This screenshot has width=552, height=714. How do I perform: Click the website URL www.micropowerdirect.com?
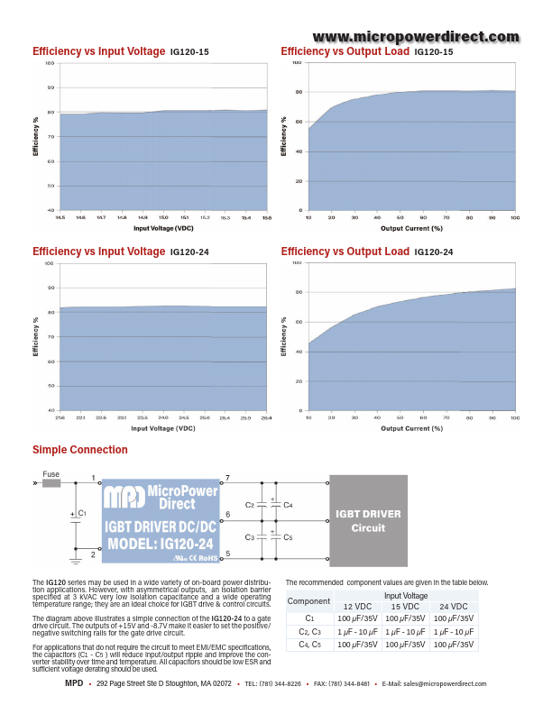pos(417,37)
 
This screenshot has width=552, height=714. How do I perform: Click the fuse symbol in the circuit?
pos(51,482)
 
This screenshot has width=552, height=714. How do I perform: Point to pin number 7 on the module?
pos(227,476)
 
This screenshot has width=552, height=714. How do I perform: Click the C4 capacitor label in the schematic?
pos(288,505)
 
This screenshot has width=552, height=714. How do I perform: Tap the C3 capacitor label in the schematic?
pos(250,537)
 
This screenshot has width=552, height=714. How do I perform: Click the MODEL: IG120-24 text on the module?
pos(161,544)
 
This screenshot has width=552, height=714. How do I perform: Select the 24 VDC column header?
pos(454,607)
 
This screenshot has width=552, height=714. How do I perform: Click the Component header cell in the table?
pos(308,601)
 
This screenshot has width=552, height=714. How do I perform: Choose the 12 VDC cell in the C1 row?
pos(358,618)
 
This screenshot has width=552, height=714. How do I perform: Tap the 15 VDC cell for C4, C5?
pos(405,645)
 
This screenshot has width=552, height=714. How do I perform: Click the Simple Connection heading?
pos(80,450)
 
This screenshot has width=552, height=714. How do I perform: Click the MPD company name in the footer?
pos(74,684)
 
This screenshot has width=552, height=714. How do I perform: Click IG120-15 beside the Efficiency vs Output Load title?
pos(434,53)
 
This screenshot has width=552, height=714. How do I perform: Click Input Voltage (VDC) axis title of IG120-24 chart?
pos(162,428)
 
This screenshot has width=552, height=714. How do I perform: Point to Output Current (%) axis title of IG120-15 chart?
pos(411,229)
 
